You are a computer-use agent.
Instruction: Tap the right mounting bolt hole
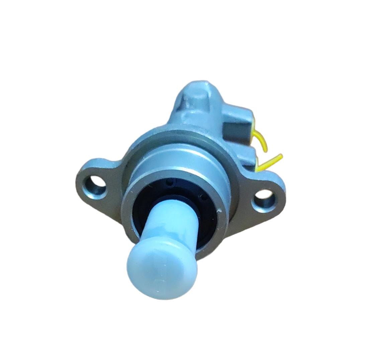pyautogui.click(x=264, y=201)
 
